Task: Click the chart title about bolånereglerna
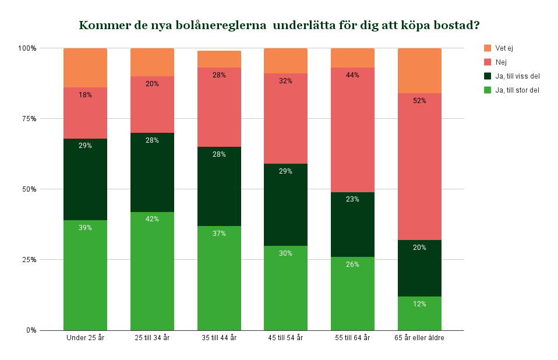pos(279,26)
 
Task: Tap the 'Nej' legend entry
pos(501,62)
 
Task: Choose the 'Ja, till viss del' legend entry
pos(517,76)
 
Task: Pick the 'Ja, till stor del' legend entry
pos(517,90)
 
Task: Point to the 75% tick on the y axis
pos(30,119)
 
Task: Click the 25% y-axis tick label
pos(30,260)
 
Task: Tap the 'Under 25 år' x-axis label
pos(85,338)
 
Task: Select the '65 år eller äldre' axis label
pos(419,338)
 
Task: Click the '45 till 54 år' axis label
pos(285,338)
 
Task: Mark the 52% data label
pos(419,101)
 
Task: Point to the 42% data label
pos(152,219)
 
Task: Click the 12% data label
pos(419,304)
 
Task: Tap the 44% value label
pos(352,75)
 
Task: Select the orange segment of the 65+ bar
pos(419,70)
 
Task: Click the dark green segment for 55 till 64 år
pos(352,224)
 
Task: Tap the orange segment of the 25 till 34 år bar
pos(152,62)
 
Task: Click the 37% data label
pos(219,234)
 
